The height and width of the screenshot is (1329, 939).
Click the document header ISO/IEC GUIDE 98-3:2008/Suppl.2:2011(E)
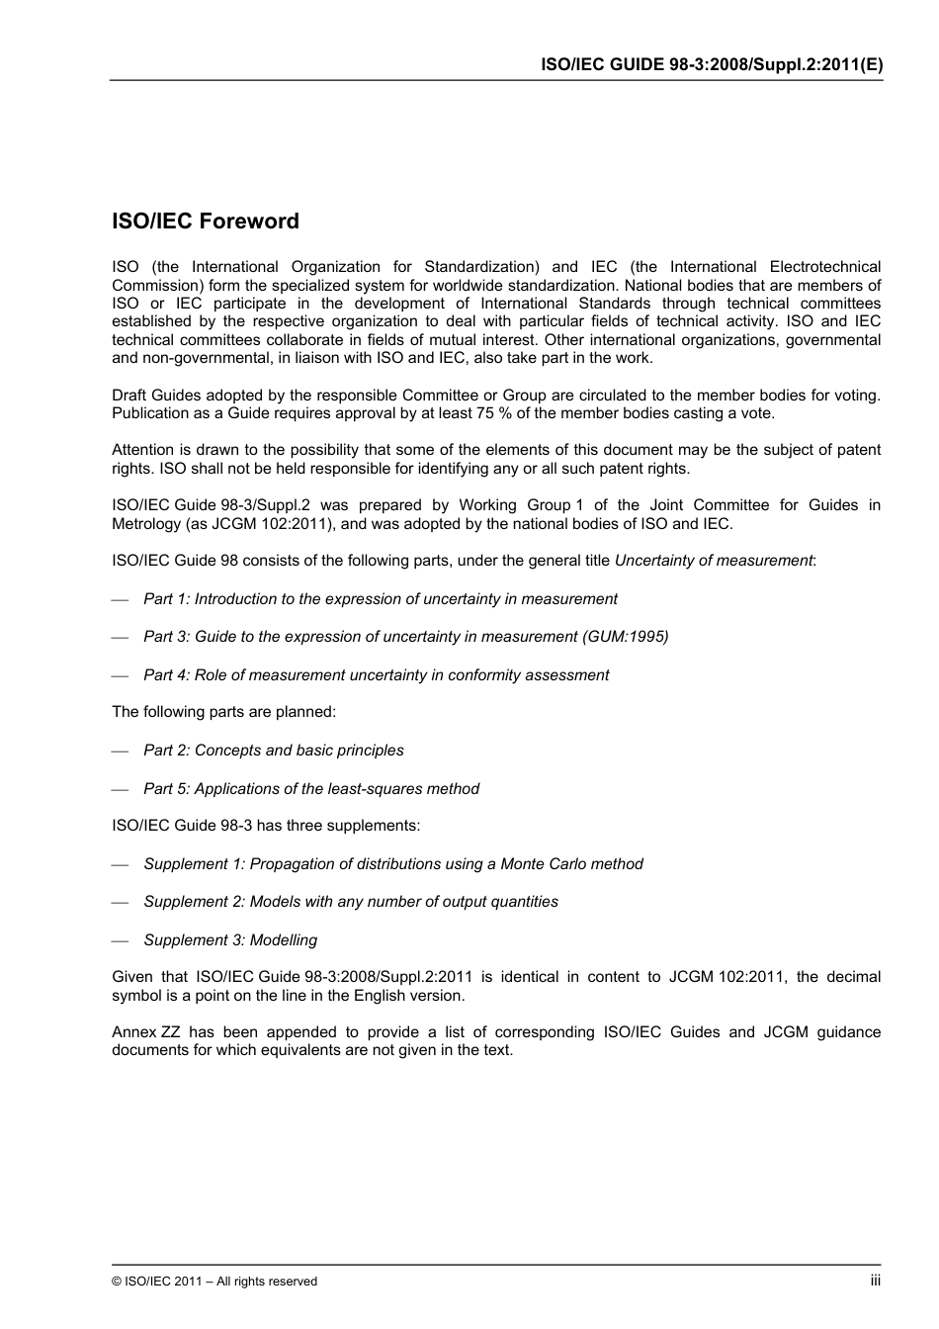click(x=712, y=64)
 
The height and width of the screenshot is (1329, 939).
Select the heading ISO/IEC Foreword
click(x=206, y=221)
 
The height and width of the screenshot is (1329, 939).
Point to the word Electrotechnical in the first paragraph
click(x=824, y=267)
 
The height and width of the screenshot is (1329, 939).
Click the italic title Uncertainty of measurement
click(x=713, y=561)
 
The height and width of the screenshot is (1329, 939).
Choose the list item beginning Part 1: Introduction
click(x=380, y=599)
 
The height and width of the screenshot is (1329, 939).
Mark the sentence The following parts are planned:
click(x=223, y=712)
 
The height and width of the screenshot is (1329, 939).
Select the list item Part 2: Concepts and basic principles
click(x=273, y=751)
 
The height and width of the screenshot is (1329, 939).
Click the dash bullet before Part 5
click(x=121, y=789)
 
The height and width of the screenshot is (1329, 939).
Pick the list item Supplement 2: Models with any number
click(x=350, y=902)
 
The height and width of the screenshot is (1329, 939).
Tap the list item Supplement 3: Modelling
click(x=230, y=940)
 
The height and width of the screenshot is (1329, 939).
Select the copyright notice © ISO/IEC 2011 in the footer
click(x=214, y=1282)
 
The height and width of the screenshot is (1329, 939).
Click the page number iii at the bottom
click(x=875, y=1281)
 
